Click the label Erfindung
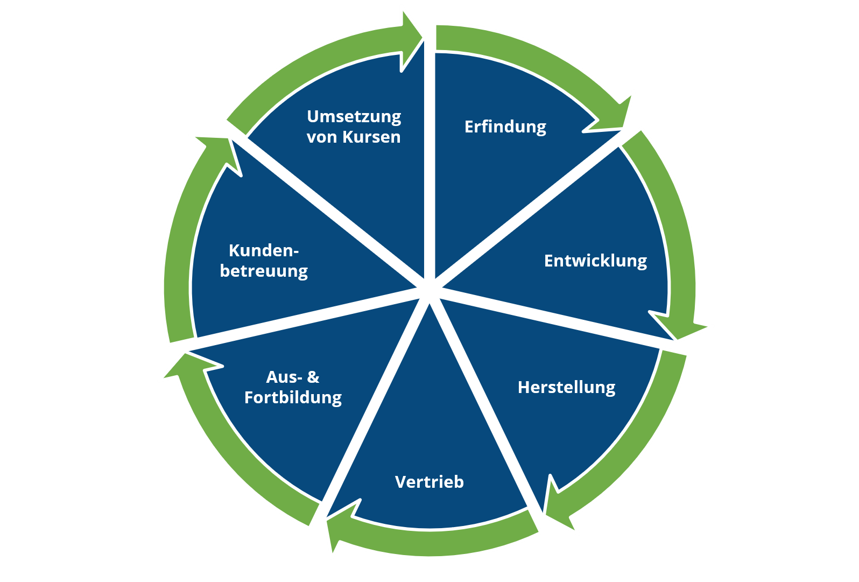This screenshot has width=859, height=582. click(x=505, y=127)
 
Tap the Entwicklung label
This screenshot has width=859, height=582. click(x=595, y=261)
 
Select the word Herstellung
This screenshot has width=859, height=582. click(x=566, y=388)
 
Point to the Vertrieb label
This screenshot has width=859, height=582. click(x=429, y=482)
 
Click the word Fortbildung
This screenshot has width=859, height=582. click(x=293, y=398)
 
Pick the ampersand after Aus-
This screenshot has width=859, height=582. click(x=313, y=377)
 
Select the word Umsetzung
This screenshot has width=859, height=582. click(x=354, y=117)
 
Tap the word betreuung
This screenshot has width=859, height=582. click(x=264, y=271)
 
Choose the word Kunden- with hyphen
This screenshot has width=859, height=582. click(x=264, y=251)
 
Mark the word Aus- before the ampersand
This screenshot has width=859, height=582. click(x=284, y=377)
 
